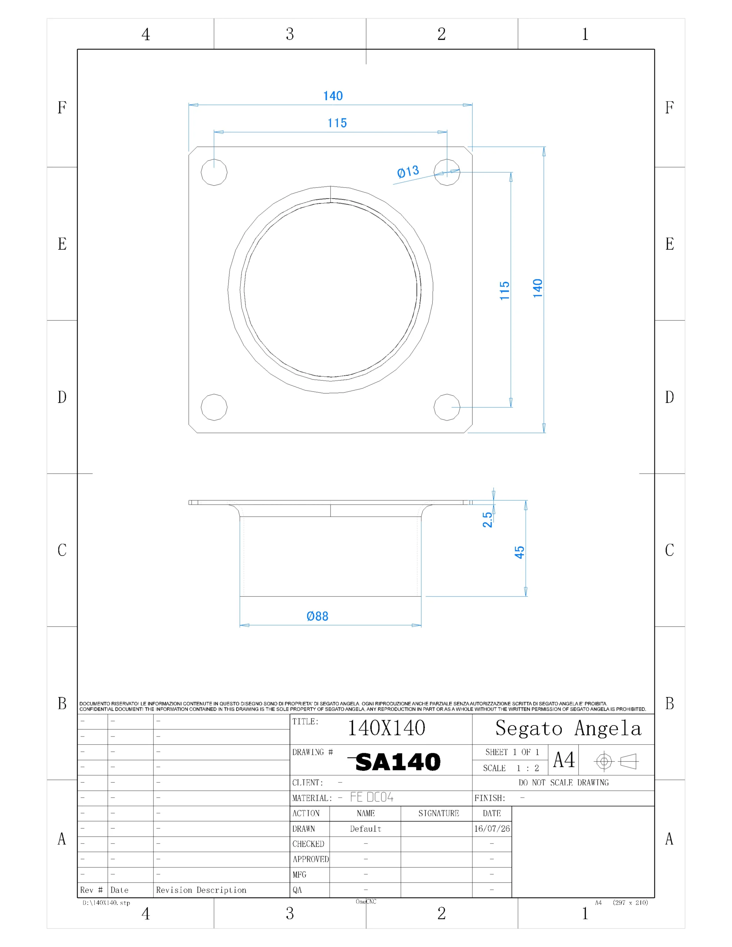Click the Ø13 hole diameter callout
tap(408, 172)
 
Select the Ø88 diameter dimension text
tap(317, 616)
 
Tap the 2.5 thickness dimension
tap(487, 519)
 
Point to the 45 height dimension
tap(519, 552)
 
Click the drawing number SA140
tap(397, 762)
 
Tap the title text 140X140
tap(387, 728)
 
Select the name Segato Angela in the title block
tap(568, 728)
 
